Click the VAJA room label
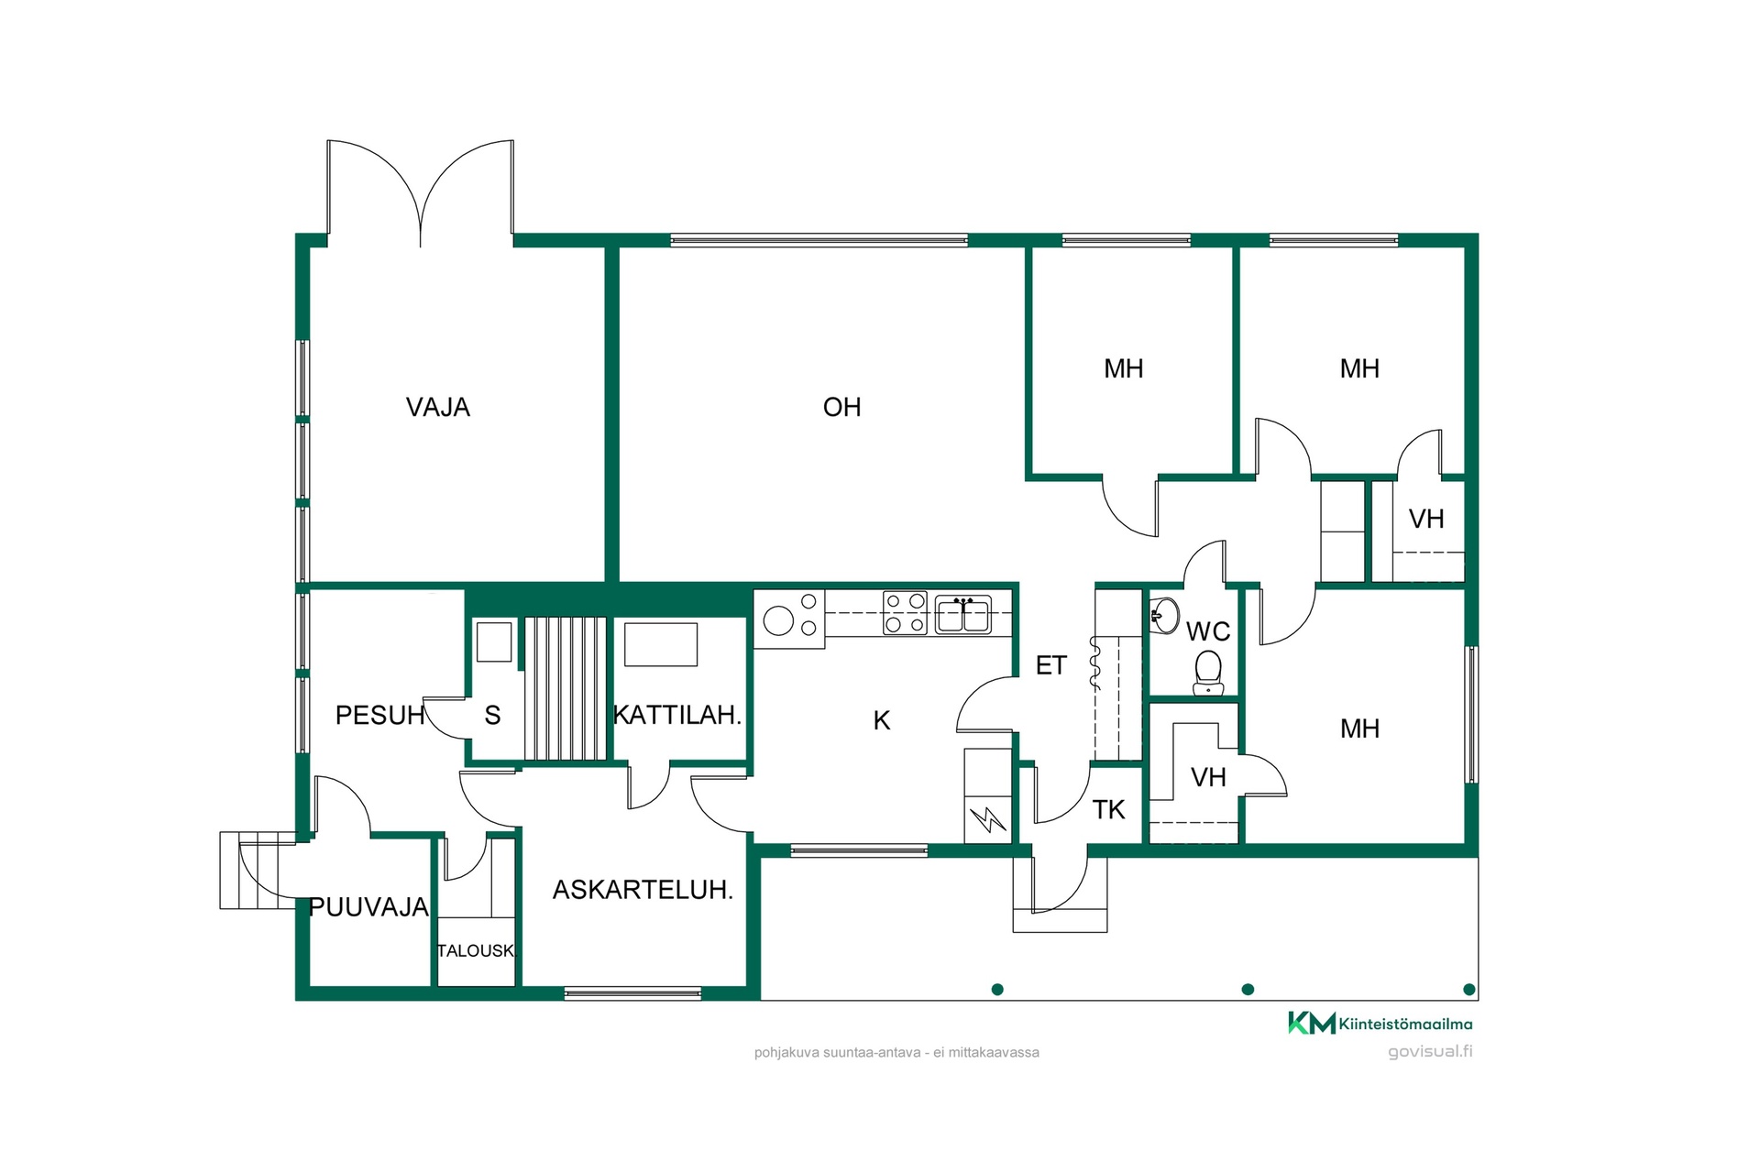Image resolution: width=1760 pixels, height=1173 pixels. [x=438, y=407]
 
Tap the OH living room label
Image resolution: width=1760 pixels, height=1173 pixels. [x=841, y=407]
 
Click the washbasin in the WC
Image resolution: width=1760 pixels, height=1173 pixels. [x=1165, y=615]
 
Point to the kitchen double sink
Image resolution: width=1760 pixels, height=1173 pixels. [x=962, y=614]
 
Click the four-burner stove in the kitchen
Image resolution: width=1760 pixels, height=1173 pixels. [x=905, y=613]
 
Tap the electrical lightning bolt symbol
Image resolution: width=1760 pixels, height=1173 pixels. [x=988, y=818]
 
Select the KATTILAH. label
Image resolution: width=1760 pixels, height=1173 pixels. [x=677, y=715]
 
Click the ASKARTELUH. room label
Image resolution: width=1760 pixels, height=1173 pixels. [x=643, y=889]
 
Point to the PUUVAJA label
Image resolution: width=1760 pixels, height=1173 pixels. [x=368, y=907]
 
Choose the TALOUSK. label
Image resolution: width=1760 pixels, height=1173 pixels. [x=477, y=950]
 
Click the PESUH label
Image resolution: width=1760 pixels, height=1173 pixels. [x=379, y=715]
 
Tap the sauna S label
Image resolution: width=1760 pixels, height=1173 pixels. [x=492, y=716]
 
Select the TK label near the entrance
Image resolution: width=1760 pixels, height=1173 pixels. [x=1108, y=809]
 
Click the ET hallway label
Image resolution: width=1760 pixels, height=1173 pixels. [x=1051, y=665]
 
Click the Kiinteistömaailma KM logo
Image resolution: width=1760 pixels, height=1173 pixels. [x=1380, y=1024]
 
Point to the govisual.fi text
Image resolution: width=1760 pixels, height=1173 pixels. [x=1430, y=1051]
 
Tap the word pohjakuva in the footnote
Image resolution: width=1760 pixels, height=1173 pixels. [x=786, y=1053]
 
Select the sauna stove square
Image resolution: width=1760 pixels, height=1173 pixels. [x=494, y=641]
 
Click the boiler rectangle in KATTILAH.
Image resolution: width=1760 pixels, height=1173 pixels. [x=661, y=644]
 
